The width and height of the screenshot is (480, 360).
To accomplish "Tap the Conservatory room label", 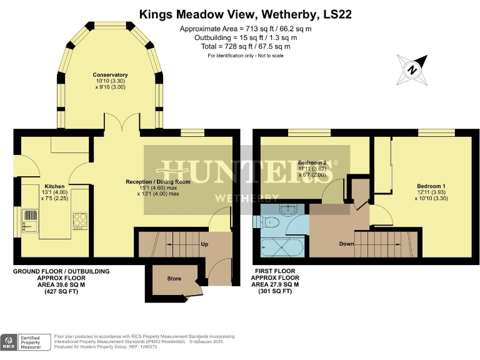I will click(x=110, y=75).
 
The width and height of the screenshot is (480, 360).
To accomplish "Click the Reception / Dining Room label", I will click(x=157, y=182).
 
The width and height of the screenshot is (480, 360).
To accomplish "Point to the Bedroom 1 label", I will click(x=431, y=186).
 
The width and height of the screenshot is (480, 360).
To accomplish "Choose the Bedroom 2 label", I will click(x=312, y=162).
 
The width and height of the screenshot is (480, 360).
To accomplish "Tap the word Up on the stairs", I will click(x=204, y=244).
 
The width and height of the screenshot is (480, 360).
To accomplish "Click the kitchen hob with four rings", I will click(x=81, y=220).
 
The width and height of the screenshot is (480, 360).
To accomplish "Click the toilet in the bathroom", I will click(x=270, y=222).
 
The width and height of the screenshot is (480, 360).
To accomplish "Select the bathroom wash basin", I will click(x=289, y=209).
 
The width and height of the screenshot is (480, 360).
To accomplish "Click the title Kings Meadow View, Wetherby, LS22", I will click(x=240, y=14).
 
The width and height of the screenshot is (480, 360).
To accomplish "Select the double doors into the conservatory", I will click(x=122, y=123).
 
